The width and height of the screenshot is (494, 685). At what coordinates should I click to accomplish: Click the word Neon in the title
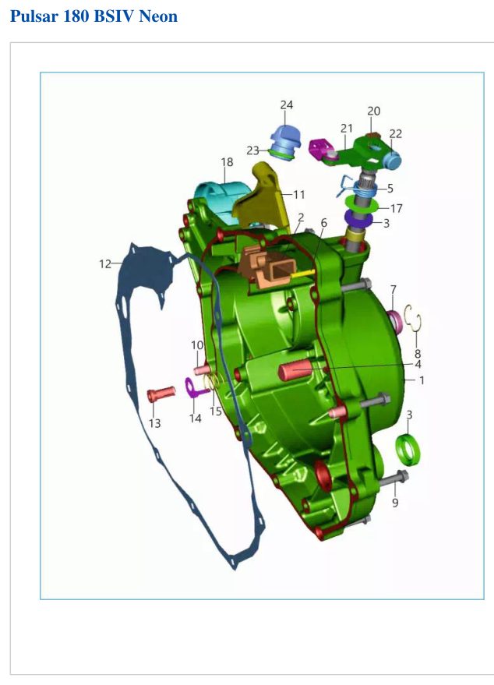(x=158, y=16)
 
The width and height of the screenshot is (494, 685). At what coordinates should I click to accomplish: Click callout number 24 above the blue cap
(x=287, y=105)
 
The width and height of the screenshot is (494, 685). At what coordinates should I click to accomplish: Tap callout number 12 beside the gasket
(x=105, y=264)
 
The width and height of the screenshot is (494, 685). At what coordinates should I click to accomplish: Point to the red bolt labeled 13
(x=161, y=394)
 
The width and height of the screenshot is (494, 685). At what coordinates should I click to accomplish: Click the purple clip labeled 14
(x=196, y=388)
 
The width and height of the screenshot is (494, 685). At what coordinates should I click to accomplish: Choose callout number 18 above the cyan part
(x=227, y=162)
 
